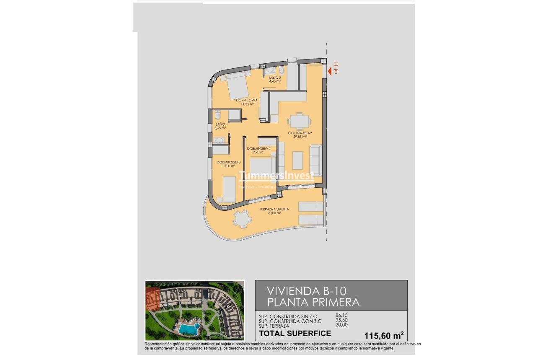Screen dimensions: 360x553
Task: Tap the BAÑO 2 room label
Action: click(x=275, y=78)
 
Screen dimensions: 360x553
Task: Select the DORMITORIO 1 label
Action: click(x=248, y=100)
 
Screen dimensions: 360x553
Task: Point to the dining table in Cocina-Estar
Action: click(x=299, y=122)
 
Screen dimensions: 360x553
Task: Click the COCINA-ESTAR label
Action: click(x=300, y=133)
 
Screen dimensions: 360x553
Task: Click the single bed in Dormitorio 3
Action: click(x=229, y=189)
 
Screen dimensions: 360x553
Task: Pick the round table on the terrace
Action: click(x=242, y=219)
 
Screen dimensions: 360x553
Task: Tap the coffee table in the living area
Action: click(x=298, y=160)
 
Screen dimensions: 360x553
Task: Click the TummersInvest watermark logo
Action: click(x=276, y=175)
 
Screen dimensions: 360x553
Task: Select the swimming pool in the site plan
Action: click(x=188, y=329)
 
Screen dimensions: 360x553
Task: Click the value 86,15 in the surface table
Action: click(x=341, y=315)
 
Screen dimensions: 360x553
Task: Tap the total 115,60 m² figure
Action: click(x=384, y=335)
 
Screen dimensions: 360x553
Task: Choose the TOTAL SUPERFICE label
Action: click(x=295, y=334)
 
